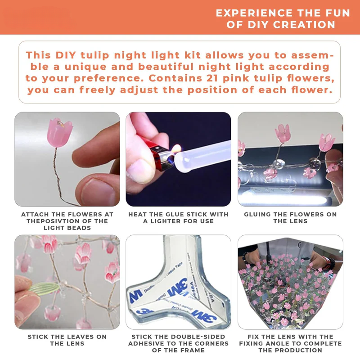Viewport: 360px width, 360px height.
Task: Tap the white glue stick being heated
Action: point(202,155)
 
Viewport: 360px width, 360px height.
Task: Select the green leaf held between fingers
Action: point(44,288)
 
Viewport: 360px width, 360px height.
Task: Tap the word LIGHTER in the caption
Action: point(165,221)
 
